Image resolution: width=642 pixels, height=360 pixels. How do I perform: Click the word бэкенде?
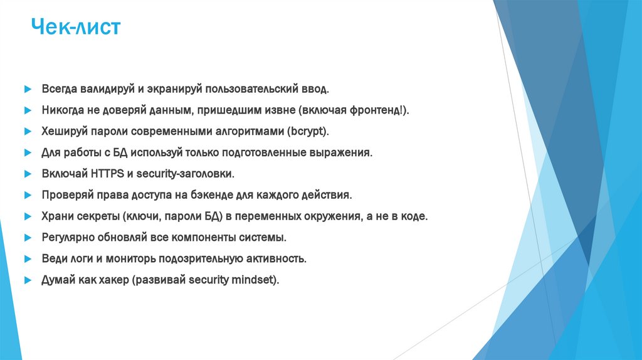click(233, 195)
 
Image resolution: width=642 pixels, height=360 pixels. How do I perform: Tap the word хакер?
click(113, 280)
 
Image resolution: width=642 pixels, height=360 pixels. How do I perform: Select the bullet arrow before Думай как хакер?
click(28, 280)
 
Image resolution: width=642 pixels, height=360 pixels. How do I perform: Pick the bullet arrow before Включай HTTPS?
click(28, 174)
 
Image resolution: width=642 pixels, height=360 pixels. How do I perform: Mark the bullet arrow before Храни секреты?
click(28, 216)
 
